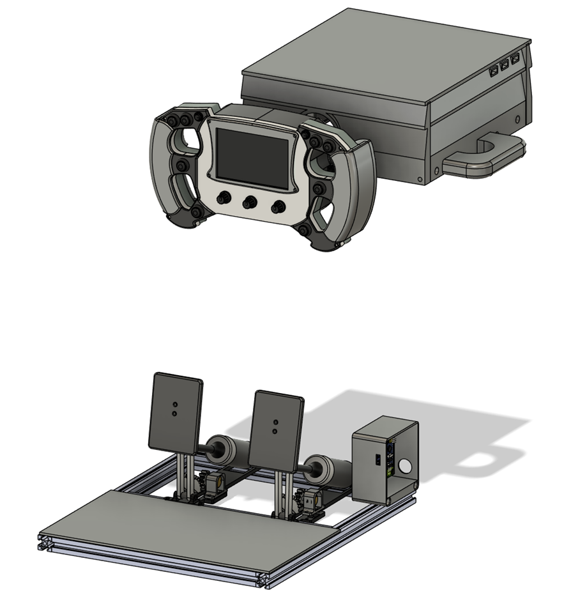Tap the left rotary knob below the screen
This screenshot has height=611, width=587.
click(224, 198)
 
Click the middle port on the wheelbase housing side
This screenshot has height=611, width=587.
click(505, 66)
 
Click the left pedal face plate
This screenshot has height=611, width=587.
click(176, 412)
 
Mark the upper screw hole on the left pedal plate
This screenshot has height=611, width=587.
click(174, 405)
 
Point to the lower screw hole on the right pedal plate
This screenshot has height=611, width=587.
click(275, 431)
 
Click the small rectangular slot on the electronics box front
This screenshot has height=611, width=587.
click(377, 460)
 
